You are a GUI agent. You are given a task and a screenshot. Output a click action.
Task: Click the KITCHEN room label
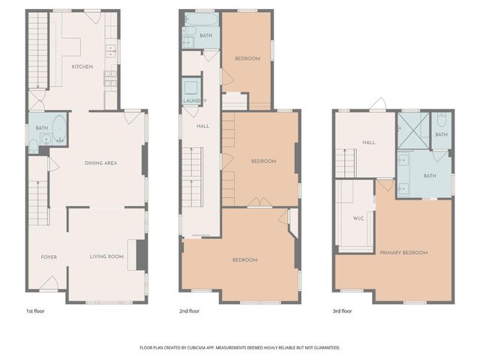point(82,67)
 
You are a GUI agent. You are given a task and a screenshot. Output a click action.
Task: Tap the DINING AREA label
point(100,163)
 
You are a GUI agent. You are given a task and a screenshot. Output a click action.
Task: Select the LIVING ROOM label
point(106,257)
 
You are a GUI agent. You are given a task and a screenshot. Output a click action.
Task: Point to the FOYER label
point(49,257)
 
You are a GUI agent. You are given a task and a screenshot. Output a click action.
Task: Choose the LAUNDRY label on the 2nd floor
point(194,100)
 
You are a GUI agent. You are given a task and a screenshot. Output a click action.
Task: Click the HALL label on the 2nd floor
point(202,126)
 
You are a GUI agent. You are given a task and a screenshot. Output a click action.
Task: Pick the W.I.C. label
point(358,220)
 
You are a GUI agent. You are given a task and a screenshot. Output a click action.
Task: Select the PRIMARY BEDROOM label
point(403,253)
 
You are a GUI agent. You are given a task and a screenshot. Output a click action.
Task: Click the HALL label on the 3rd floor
point(368,142)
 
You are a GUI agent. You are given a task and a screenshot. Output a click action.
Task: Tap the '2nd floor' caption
point(189,310)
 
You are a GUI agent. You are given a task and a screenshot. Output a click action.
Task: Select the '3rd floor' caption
point(342,310)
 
